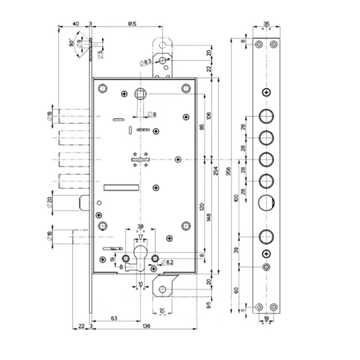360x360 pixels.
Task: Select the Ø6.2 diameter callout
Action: pyautogui.click(x=167, y=262)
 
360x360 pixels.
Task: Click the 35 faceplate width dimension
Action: pyautogui.click(x=266, y=25)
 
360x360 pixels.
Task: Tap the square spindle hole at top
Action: pyautogui.click(x=141, y=94)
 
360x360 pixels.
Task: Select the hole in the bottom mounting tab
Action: pyautogui.click(x=161, y=289)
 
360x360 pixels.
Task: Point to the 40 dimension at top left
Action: pyautogui.click(x=76, y=23)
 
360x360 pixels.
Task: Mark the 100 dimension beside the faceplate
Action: pyautogui.click(x=236, y=199)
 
